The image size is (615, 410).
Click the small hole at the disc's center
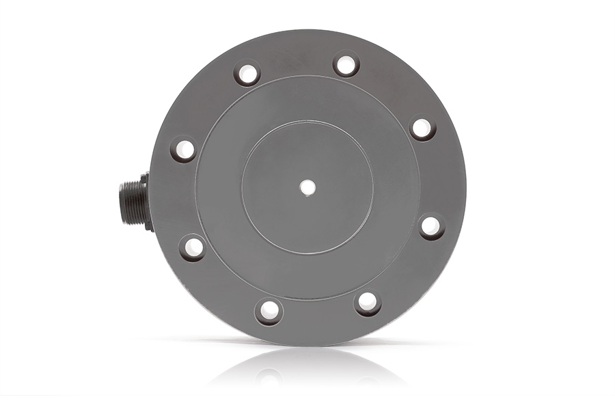pyautogui.click(x=307, y=187)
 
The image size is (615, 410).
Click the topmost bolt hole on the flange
pyautogui.click(x=346, y=65)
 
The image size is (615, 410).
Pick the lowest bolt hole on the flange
pyautogui.click(x=269, y=311)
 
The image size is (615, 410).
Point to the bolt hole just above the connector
pyautogui.click(x=183, y=149)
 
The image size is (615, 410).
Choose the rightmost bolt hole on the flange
pyautogui.click(x=430, y=225)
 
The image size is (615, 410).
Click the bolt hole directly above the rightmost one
pyautogui.click(x=422, y=127)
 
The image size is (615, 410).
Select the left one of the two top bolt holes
pyautogui.click(x=247, y=72)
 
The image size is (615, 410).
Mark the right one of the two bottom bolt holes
pyautogui.click(x=367, y=302)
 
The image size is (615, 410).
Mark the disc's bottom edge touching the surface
pyautogui.click(x=307, y=344)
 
